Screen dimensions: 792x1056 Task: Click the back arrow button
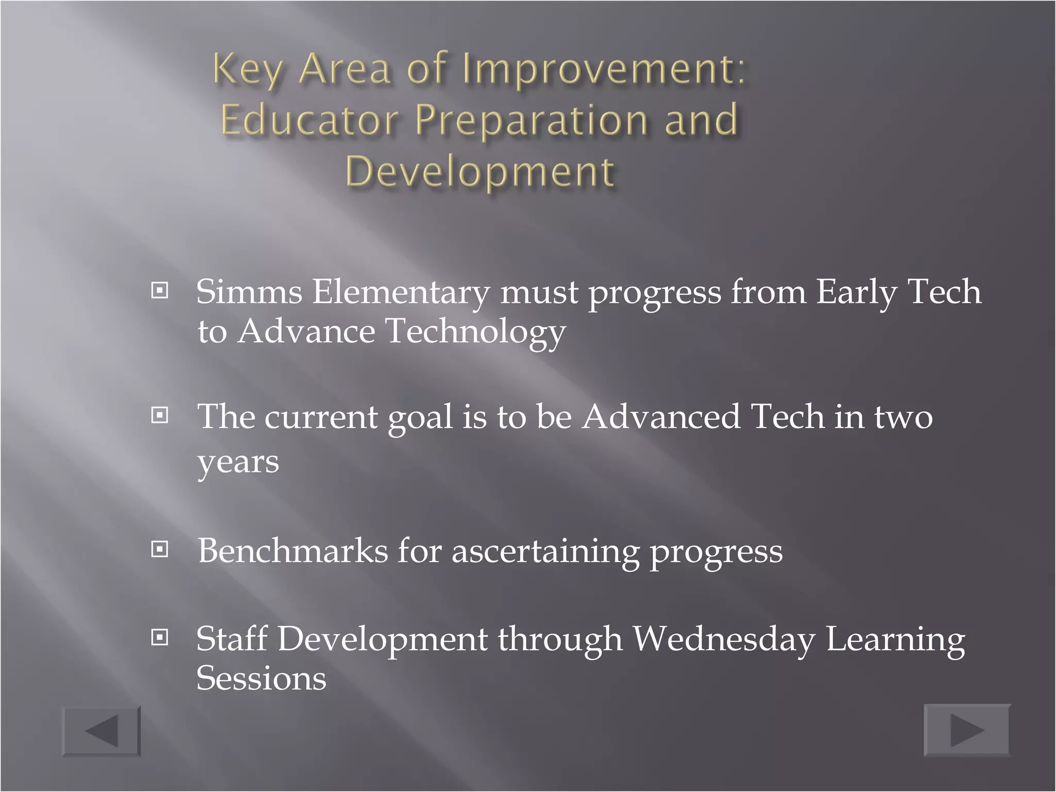tap(102, 731)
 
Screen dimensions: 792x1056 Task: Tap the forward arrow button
tap(967, 730)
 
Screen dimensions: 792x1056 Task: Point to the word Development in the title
tap(480, 171)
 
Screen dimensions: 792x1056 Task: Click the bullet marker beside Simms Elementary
tap(160, 291)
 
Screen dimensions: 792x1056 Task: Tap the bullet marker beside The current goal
tap(160, 415)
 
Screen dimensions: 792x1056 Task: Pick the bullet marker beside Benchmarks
tap(160, 549)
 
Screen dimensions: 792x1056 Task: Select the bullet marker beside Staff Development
tap(160, 638)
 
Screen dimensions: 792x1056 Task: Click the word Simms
tap(249, 292)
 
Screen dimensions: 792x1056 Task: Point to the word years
tap(238, 463)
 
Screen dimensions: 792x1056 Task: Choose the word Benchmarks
tap(292, 551)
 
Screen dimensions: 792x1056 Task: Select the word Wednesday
tap(724, 640)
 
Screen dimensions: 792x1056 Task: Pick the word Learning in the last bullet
tap(895, 640)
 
